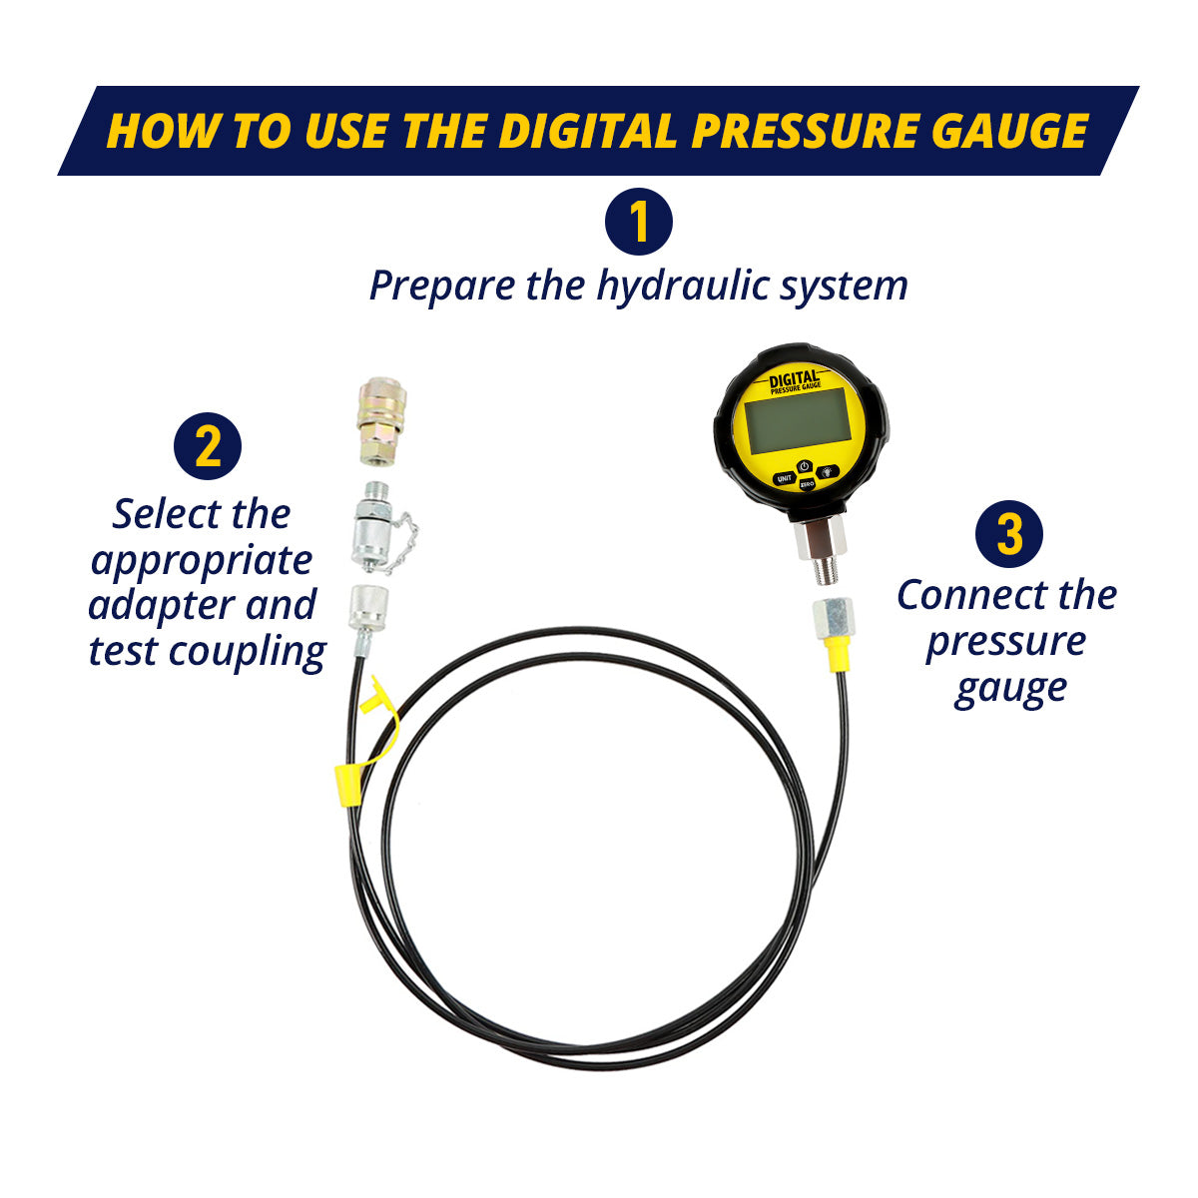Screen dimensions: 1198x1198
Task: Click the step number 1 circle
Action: (x=638, y=222)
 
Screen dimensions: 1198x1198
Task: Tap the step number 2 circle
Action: (x=208, y=446)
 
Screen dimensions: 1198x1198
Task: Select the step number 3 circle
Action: (x=1009, y=533)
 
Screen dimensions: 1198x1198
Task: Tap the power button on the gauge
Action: (x=805, y=466)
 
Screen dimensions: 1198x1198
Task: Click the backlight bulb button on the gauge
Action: (x=828, y=472)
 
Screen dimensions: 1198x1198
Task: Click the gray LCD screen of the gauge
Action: (x=798, y=421)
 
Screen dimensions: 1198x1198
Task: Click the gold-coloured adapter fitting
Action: (x=381, y=421)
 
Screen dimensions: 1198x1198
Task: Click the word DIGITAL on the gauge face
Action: (x=795, y=378)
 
